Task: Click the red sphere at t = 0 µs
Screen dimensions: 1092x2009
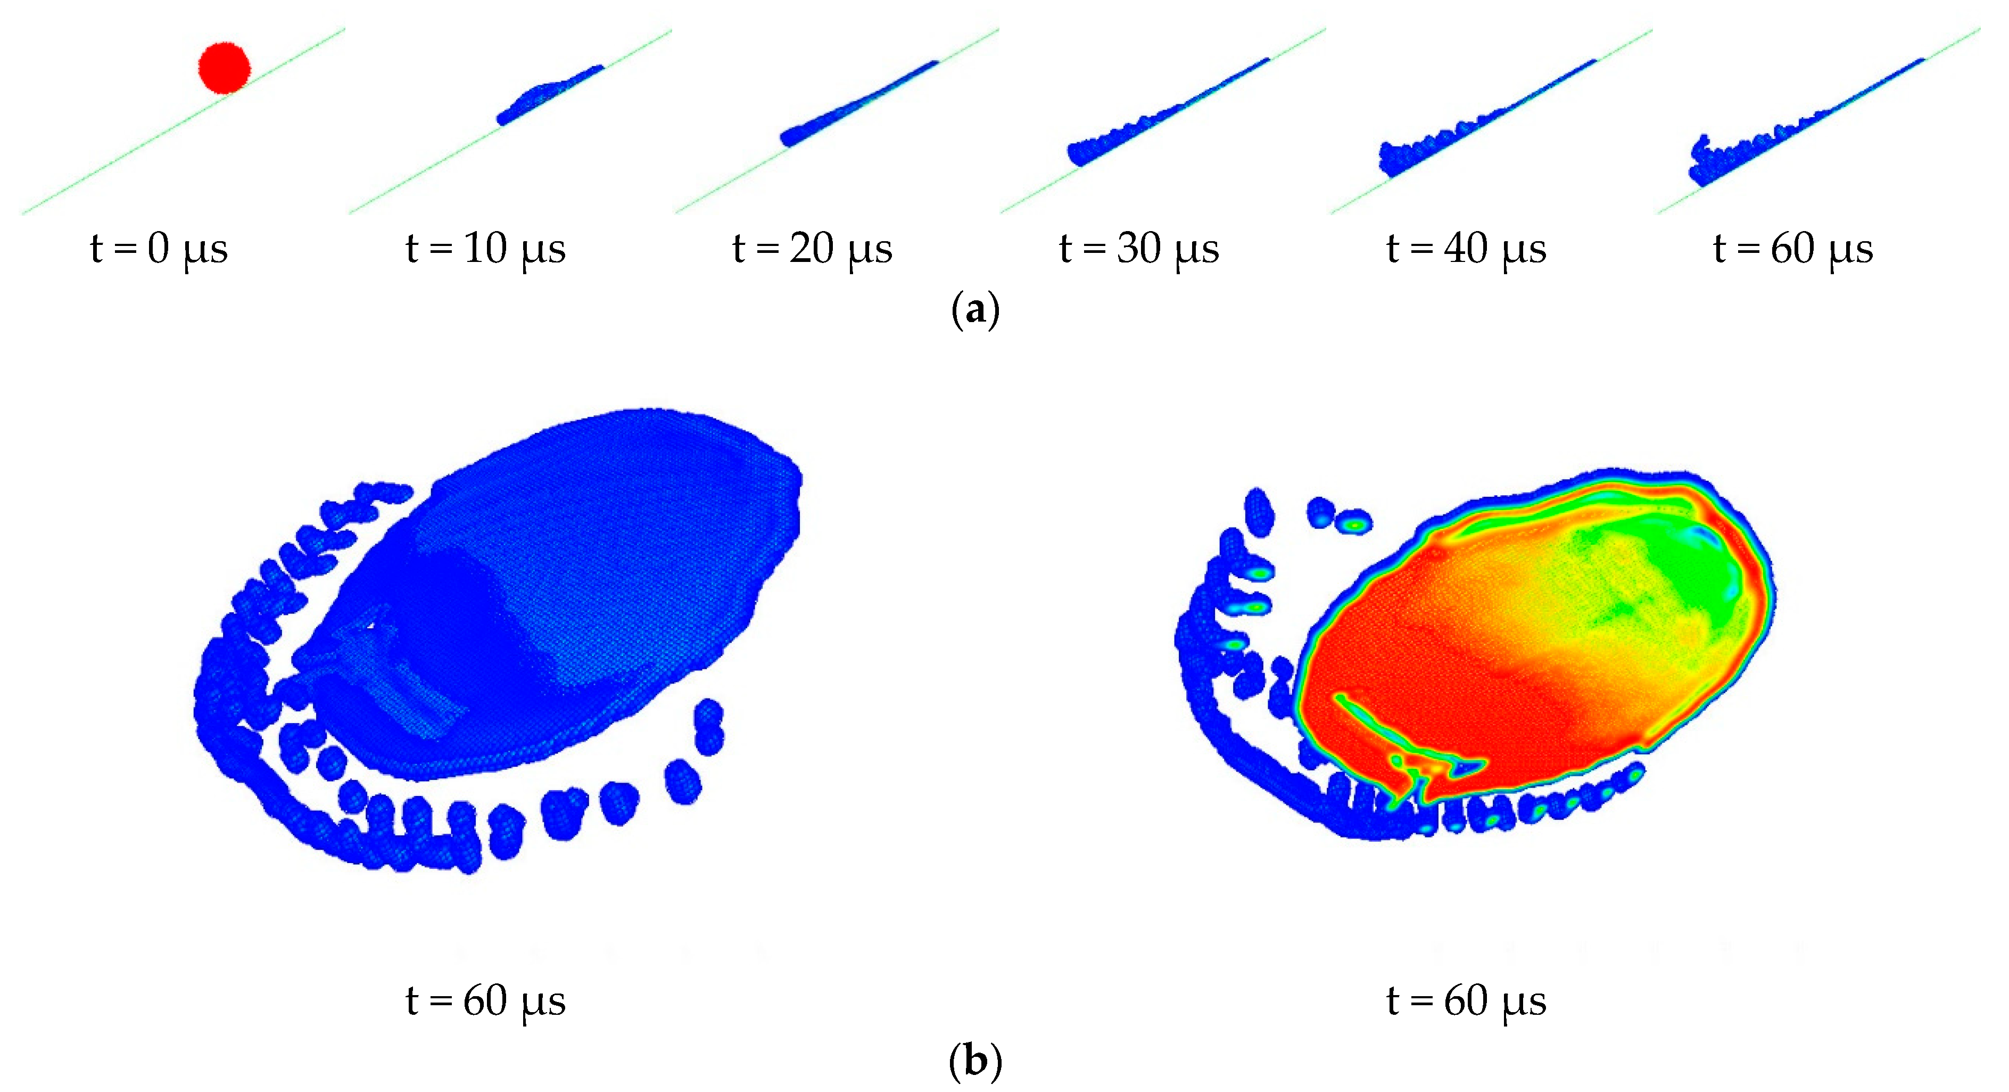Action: pyautogui.click(x=225, y=68)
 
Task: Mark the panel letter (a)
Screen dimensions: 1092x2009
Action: pyautogui.click(x=975, y=310)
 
